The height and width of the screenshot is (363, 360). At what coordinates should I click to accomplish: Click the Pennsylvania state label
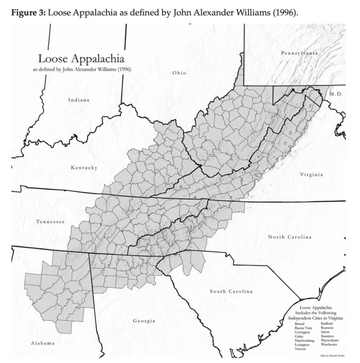[x=299, y=53]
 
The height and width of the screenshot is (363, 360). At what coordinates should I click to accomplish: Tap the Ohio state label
[x=179, y=72]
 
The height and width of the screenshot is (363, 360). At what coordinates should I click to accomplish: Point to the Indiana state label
[x=79, y=100]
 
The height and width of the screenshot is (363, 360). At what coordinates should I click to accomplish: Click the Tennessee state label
[x=50, y=222]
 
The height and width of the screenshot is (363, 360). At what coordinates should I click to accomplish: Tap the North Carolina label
[x=290, y=237]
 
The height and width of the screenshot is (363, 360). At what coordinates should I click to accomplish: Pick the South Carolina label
[x=231, y=292]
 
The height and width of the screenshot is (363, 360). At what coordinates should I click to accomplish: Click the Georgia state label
[x=144, y=321]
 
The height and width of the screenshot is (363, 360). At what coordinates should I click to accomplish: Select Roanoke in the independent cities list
[x=327, y=328]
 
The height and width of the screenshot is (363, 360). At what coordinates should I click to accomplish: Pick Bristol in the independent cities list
[x=300, y=323]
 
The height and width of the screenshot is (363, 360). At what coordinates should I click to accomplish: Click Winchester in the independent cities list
[x=329, y=344]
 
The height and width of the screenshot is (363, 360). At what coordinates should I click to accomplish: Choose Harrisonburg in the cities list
[x=304, y=340]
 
